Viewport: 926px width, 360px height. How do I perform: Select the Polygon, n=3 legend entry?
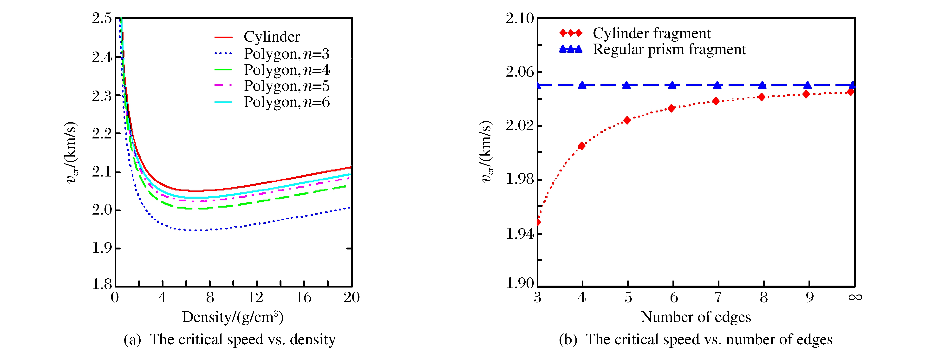click(x=287, y=54)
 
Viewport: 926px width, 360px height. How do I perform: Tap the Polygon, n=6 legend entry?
click(x=287, y=103)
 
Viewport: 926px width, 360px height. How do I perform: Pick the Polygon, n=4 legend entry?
click(x=287, y=70)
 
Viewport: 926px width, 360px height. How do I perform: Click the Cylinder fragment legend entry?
click(x=651, y=33)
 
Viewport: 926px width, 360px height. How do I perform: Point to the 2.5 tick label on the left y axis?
click(x=102, y=18)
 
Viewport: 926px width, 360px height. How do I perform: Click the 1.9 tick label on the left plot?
click(x=102, y=248)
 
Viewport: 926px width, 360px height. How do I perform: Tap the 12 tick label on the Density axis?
click(x=256, y=297)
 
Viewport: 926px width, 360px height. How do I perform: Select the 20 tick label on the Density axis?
click(x=351, y=297)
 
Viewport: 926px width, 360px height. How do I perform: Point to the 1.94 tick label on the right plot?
click(x=520, y=234)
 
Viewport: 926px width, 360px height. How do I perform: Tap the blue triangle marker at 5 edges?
click(x=626, y=85)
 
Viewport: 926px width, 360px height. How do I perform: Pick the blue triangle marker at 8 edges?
click(x=762, y=85)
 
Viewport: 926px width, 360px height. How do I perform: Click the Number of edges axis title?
click(x=696, y=317)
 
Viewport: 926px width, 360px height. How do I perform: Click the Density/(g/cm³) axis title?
click(x=233, y=317)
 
